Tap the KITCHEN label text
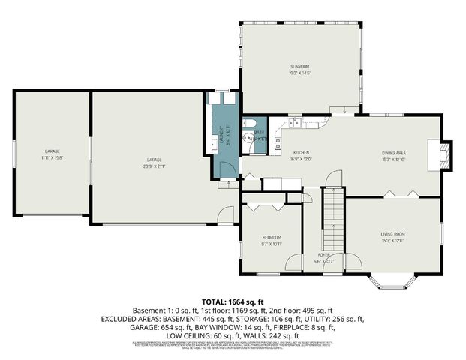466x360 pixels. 301,152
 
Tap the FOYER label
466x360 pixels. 323,255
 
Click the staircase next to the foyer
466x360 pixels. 332,220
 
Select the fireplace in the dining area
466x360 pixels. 446,156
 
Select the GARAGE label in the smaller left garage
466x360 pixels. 52,152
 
